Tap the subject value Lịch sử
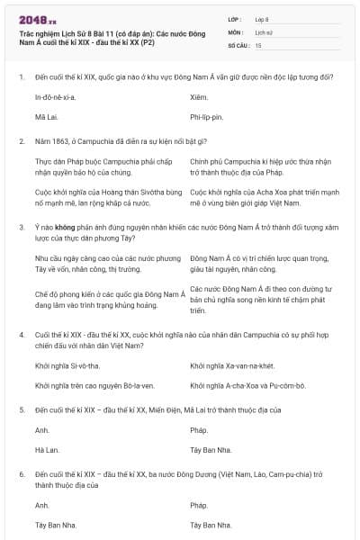pyautogui.click(x=264, y=31)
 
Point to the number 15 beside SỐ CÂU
pyautogui.click(x=259, y=44)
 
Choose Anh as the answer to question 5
pyautogui.click(x=41, y=429)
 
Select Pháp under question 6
pyautogui.click(x=200, y=505)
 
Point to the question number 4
pyautogui.click(x=22, y=334)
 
